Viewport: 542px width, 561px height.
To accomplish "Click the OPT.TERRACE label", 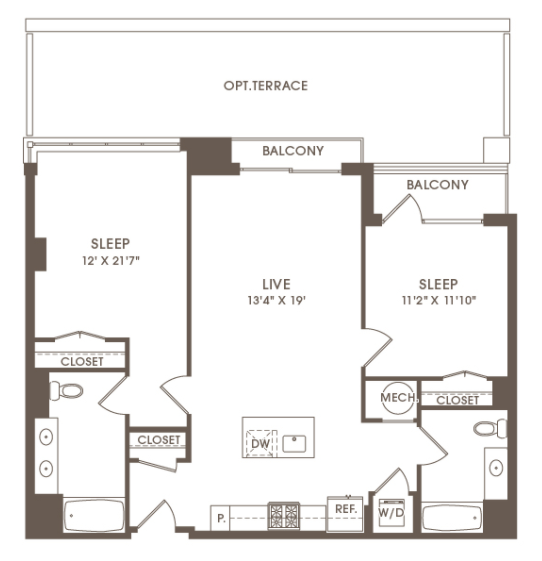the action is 265,86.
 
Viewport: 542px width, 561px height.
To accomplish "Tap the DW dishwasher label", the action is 260,444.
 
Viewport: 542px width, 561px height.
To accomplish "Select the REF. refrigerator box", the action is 345,514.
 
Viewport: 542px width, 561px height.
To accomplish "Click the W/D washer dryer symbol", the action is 391,513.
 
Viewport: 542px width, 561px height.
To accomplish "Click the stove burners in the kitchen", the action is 284,516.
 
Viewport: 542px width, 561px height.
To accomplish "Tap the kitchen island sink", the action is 294,444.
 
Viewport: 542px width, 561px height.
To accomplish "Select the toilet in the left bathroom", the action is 66,391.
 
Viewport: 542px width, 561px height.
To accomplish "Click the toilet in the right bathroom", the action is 490,428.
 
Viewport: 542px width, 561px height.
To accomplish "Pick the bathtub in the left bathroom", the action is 94,515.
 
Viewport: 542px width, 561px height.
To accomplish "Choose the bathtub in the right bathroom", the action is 452,517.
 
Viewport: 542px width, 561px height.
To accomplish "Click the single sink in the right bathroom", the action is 496,467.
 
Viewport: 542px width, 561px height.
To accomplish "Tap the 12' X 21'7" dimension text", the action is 111,261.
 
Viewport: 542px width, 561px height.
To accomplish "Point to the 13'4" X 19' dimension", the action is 277,300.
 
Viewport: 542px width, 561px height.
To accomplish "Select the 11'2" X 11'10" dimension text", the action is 439,300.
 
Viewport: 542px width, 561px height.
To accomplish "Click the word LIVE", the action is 276,284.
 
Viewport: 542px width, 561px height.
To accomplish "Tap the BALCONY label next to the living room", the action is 293,151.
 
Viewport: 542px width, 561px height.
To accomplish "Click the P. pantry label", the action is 221,518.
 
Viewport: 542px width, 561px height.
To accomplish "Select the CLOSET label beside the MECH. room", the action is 457,400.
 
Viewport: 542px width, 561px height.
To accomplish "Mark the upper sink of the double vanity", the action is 46,437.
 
